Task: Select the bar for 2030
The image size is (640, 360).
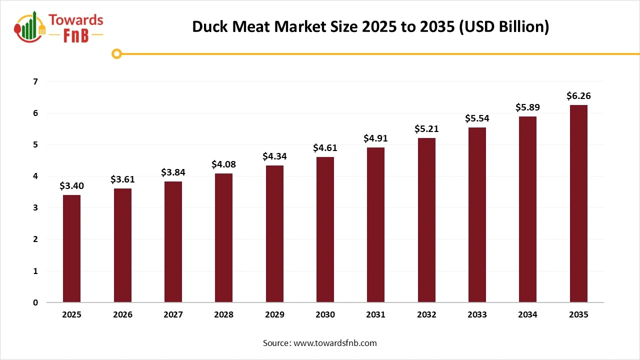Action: (x=325, y=229)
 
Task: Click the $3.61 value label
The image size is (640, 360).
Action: (x=122, y=179)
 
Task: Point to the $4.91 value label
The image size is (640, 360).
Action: (x=375, y=138)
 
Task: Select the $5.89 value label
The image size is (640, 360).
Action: (x=527, y=107)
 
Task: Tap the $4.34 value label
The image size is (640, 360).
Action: (x=274, y=156)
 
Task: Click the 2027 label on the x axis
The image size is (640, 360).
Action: (x=173, y=315)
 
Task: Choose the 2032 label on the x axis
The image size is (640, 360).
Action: (x=426, y=315)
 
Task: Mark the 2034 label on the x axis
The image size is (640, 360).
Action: (x=527, y=315)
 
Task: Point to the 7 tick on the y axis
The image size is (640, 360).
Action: (x=35, y=81)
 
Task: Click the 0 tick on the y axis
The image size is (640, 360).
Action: (x=35, y=302)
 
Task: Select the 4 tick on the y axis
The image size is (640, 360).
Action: (x=35, y=176)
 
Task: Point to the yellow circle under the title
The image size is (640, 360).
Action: (x=116, y=53)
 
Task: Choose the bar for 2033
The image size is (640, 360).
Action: (x=477, y=215)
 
